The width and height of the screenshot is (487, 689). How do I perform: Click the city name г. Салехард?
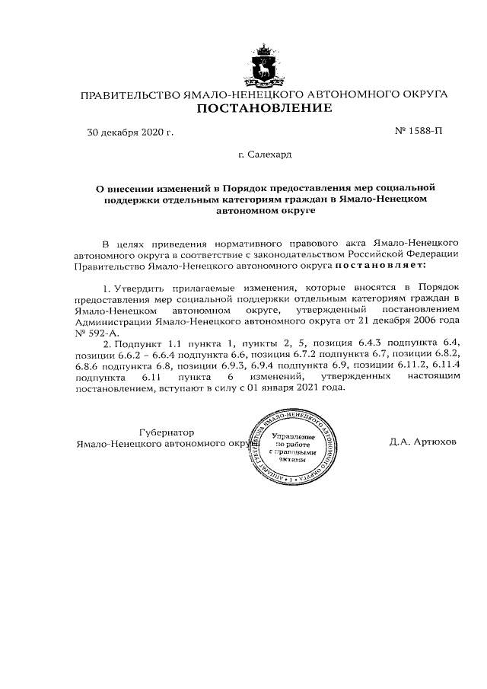pyautogui.click(x=264, y=155)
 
